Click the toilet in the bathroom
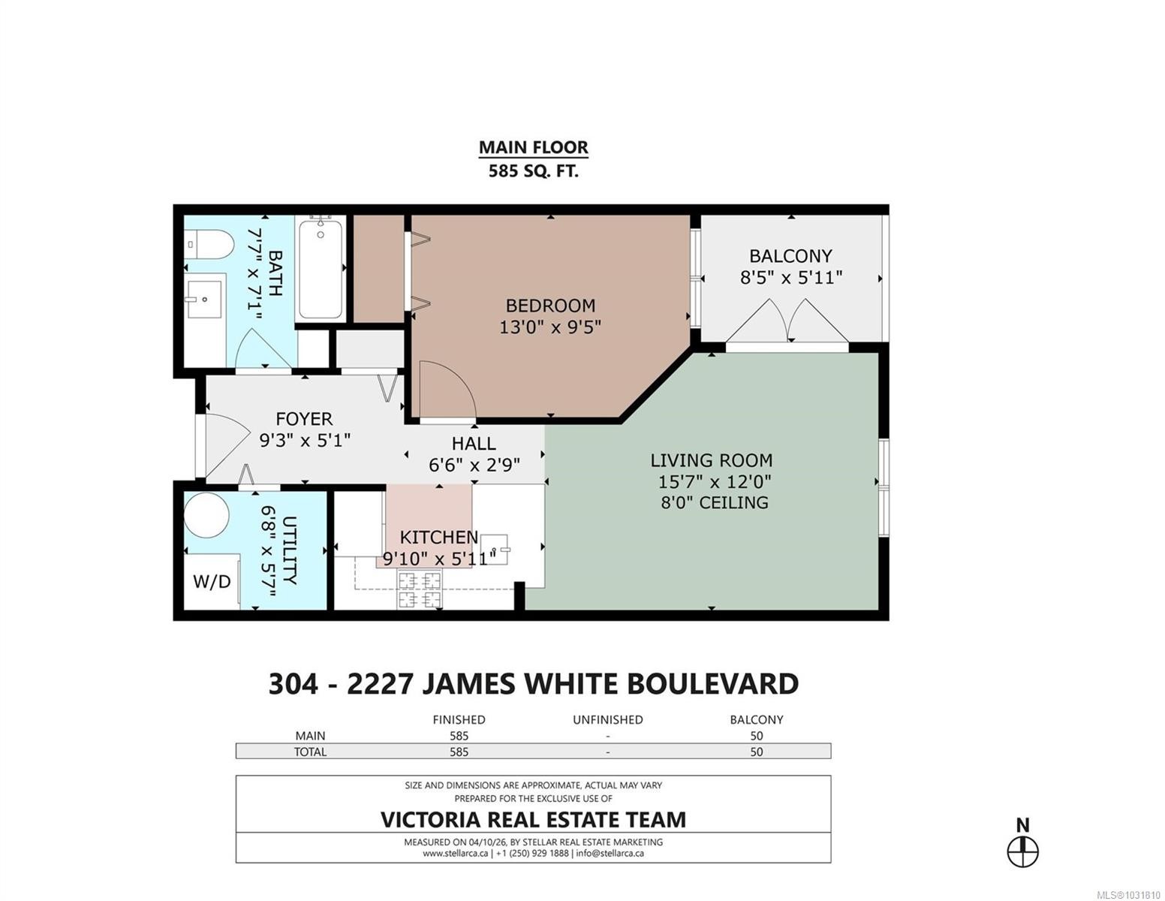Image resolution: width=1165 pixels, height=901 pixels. (209, 245)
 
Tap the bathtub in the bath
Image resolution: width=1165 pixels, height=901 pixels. (320, 270)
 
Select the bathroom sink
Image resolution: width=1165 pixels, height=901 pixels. (203, 299)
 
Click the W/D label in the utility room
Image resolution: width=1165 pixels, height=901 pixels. (212, 581)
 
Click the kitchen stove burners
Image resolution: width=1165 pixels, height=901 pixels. (420, 589)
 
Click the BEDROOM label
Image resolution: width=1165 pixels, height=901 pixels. (550, 306)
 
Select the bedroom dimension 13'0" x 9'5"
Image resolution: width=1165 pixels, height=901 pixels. (550, 327)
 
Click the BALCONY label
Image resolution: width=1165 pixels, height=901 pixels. (790, 256)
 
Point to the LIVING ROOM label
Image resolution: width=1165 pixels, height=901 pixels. (712, 460)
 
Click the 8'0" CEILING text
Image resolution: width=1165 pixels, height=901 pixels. (714, 503)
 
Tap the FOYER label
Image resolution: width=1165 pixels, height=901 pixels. (304, 419)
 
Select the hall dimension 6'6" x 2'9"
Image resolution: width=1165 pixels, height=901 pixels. (474, 465)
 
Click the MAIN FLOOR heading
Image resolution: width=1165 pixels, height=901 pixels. (534, 147)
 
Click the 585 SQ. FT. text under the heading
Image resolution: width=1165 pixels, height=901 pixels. (534, 171)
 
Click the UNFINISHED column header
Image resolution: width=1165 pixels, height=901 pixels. (608, 720)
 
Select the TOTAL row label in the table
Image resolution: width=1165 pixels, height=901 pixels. (310, 752)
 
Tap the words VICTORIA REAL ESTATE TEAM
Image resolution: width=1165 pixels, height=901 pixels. (533, 820)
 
